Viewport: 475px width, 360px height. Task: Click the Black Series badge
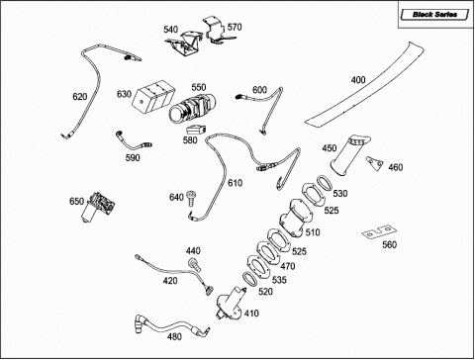(x=434, y=15)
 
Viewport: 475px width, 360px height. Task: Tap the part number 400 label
(x=358, y=80)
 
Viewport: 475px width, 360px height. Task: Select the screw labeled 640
(x=190, y=199)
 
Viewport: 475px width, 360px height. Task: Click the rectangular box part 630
(x=152, y=96)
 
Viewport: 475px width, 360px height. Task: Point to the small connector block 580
(x=196, y=129)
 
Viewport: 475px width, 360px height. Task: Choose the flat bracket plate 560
(x=379, y=232)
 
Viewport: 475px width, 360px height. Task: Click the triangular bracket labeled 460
(x=374, y=162)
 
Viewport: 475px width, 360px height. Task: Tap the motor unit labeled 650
(x=98, y=207)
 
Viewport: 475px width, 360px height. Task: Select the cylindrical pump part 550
(x=193, y=108)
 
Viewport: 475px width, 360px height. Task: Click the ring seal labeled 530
(x=325, y=183)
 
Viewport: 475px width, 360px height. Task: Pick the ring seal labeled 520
(x=250, y=280)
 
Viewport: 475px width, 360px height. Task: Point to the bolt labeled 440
(x=194, y=265)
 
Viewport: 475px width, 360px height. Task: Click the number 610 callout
(x=235, y=183)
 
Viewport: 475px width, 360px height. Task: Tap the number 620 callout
(x=80, y=97)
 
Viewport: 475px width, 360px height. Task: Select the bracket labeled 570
(x=217, y=31)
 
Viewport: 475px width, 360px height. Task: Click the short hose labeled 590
(x=133, y=141)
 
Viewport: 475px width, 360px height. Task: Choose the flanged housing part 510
(x=296, y=218)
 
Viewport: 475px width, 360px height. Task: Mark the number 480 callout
(x=174, y=336)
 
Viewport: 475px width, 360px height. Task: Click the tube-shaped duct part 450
(x=348, y=154)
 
